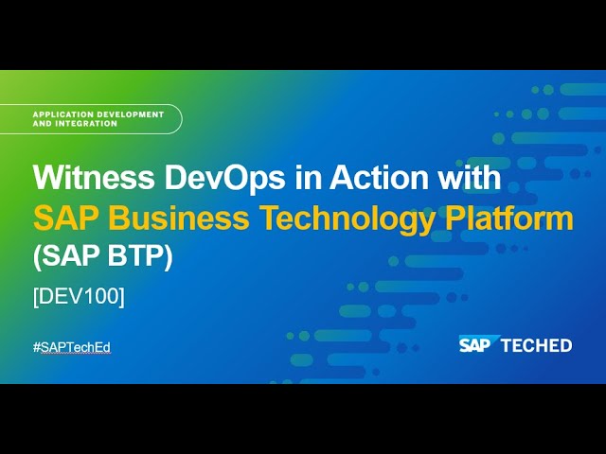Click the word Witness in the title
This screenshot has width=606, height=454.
coord(94,177)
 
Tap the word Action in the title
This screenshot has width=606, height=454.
coord(379,177)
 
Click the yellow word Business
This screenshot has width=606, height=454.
coord(179,218)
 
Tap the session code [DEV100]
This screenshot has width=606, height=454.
coord(80,297)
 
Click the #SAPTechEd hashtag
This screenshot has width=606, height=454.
coord(72,347)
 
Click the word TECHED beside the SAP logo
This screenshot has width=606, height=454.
coord(537,345)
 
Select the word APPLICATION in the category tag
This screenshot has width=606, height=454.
coord(63,114)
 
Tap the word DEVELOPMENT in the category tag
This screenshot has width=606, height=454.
coord(131,114)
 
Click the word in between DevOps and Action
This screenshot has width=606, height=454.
coord(307,177)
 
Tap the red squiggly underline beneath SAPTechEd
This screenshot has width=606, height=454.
coord(76,353)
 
